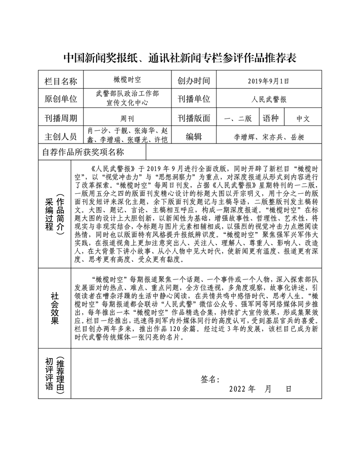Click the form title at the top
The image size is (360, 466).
point(180,58)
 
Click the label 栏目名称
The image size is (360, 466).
point(61,81)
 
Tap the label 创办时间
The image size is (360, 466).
point(194,81)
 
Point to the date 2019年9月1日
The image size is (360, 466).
point(268,81)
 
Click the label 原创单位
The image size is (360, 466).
point(61,99)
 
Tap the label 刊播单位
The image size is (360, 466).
point(194,99)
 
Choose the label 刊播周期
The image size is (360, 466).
point(61,118)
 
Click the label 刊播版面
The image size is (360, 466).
point(194,118)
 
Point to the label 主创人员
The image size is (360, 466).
point(61,136)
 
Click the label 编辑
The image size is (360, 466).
point(194,136)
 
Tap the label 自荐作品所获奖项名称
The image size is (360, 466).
point(83,152)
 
